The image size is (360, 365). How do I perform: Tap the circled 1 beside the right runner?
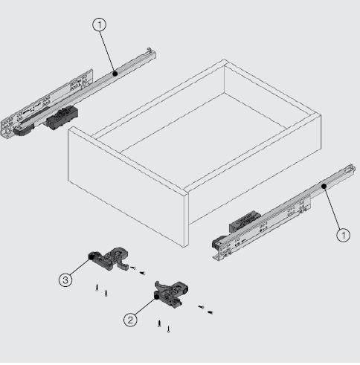point(341,235)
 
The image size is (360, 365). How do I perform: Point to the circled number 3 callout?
point(65,280)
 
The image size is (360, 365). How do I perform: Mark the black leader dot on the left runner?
point(115,72)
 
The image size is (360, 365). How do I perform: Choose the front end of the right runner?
point(220,245)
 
